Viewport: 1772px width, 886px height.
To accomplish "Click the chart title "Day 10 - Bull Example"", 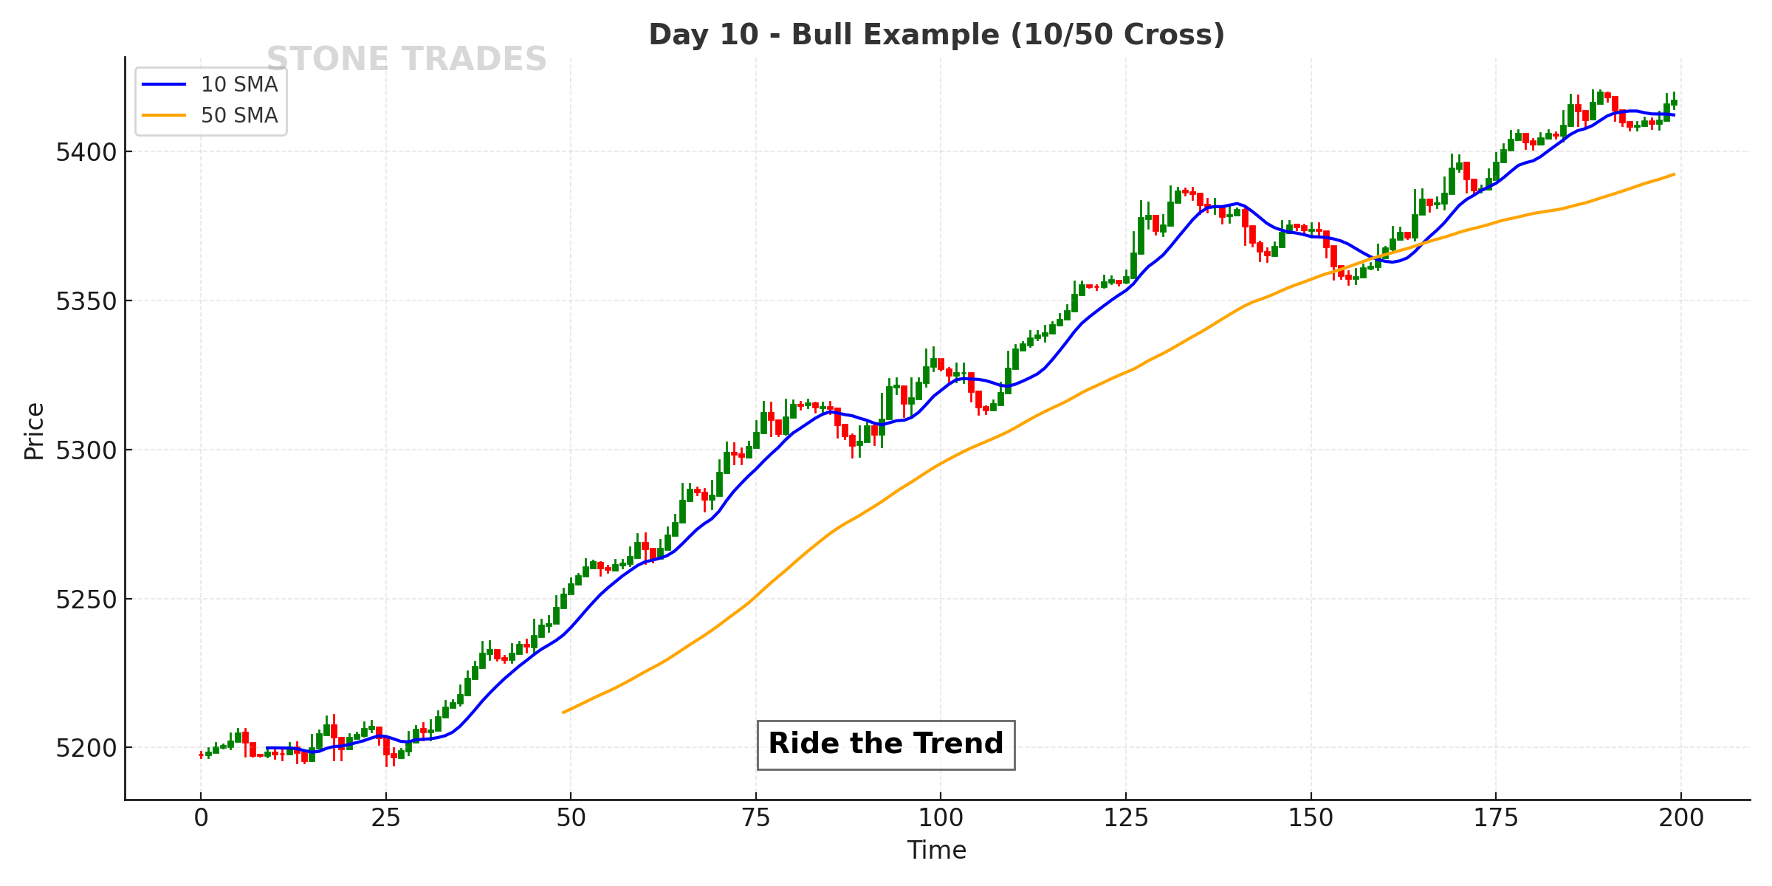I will [x=936, y=35].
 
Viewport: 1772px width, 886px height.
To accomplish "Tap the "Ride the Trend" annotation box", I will [x=885, y=744].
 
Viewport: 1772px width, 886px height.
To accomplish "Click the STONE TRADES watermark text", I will [x=406, y=59].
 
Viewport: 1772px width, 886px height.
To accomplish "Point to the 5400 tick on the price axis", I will [x=86, y=153].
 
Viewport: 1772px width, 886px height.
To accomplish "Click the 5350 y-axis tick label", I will [x=86, y=302].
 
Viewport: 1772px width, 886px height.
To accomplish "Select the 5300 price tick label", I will [x=86, y=450].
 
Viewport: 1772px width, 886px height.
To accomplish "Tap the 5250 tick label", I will [x=86, y=600].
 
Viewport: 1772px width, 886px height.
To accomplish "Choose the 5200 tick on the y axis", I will [x=86, y=749].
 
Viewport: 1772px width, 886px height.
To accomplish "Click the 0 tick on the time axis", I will [x=201, y=818].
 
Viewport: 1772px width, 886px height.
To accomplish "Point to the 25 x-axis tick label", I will [x=385, y=818].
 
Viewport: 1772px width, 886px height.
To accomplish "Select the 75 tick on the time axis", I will [x=756, y=818].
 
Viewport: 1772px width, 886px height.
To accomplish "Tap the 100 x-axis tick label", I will [x=941, y=818].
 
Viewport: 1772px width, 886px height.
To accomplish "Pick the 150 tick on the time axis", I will [x=1311, y=818].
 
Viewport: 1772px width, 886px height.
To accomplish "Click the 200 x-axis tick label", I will [x=1681, y=818].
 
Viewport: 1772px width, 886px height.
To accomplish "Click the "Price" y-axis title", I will [x=34, y=431].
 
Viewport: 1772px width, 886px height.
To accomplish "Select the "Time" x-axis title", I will [x=936, y=851].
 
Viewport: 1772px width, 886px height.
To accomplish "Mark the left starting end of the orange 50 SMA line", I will [x=563, y=712].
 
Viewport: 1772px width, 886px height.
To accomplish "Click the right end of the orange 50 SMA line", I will [x=1674, y=174].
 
